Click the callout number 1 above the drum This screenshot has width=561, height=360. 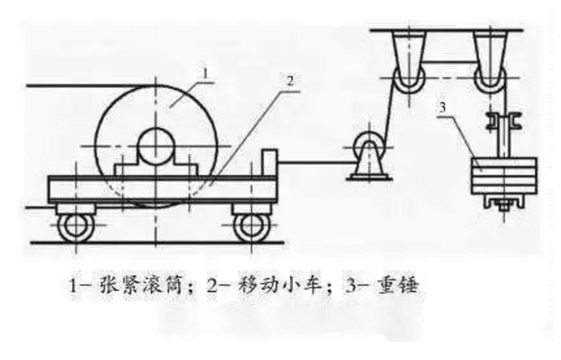[x=206, y=73]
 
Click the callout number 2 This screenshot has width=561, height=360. [x=290, y=81]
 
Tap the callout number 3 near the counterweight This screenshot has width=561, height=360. [x=443, y=107]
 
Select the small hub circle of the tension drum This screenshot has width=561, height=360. [x=156, y=146]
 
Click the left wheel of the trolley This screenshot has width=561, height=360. [x=76, y=226]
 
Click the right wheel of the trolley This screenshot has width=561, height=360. [x=253, y=226]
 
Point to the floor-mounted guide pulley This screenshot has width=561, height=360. [x=368, y=146]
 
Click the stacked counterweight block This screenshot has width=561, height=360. [x=504, y=176]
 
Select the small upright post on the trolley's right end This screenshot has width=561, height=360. [x=270, y=163]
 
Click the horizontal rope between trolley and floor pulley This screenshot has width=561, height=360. [x=315, y=163]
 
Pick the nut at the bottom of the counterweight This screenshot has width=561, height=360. [x=504, y=207]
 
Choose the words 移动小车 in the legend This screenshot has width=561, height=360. [x=279, y=285]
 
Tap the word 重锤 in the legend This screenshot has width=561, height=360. [x=397, y=285]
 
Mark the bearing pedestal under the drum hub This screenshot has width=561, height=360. [x=156, y=169]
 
